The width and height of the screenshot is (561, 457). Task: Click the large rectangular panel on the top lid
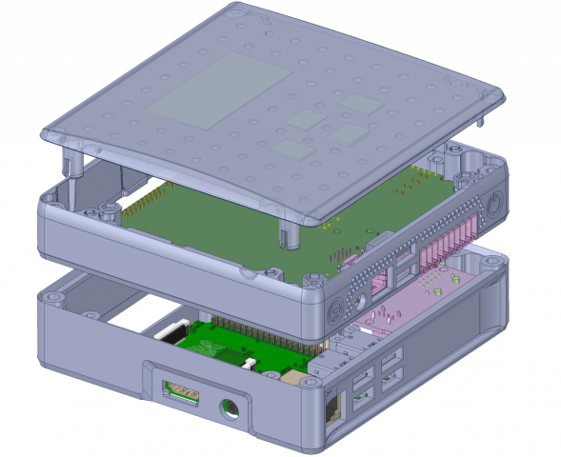pos(220,89)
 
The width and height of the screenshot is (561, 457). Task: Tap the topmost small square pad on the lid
pos(362,102)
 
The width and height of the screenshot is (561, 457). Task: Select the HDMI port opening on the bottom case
pos(182,389)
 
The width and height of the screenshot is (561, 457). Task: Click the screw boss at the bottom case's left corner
pos(55,299)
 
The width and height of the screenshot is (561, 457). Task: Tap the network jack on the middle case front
pos(377,279)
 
